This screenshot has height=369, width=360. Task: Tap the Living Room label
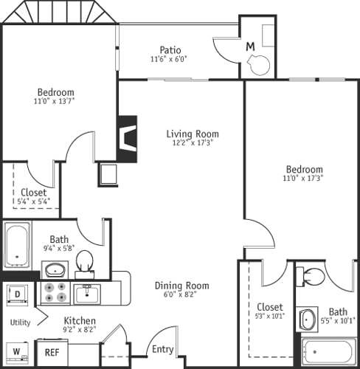[x=192, y=134]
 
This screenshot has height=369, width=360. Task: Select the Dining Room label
[x=181, y=286]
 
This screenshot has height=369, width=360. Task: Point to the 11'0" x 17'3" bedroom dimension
[x=302, y=178]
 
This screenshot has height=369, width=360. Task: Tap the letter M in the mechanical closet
[x=250, y=46]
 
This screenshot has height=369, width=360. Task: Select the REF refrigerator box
[x=52, y=353]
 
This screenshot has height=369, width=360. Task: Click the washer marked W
[x=16, y=351]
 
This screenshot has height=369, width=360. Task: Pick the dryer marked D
[x=16, y=294]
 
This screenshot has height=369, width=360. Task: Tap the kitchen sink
[x=92, y=294]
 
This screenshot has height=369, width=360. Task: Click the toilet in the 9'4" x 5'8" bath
[x=86, y=261]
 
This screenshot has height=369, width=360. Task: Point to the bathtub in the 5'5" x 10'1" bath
[x=327, y=351]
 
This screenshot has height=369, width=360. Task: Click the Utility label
[x=19, y=323]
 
